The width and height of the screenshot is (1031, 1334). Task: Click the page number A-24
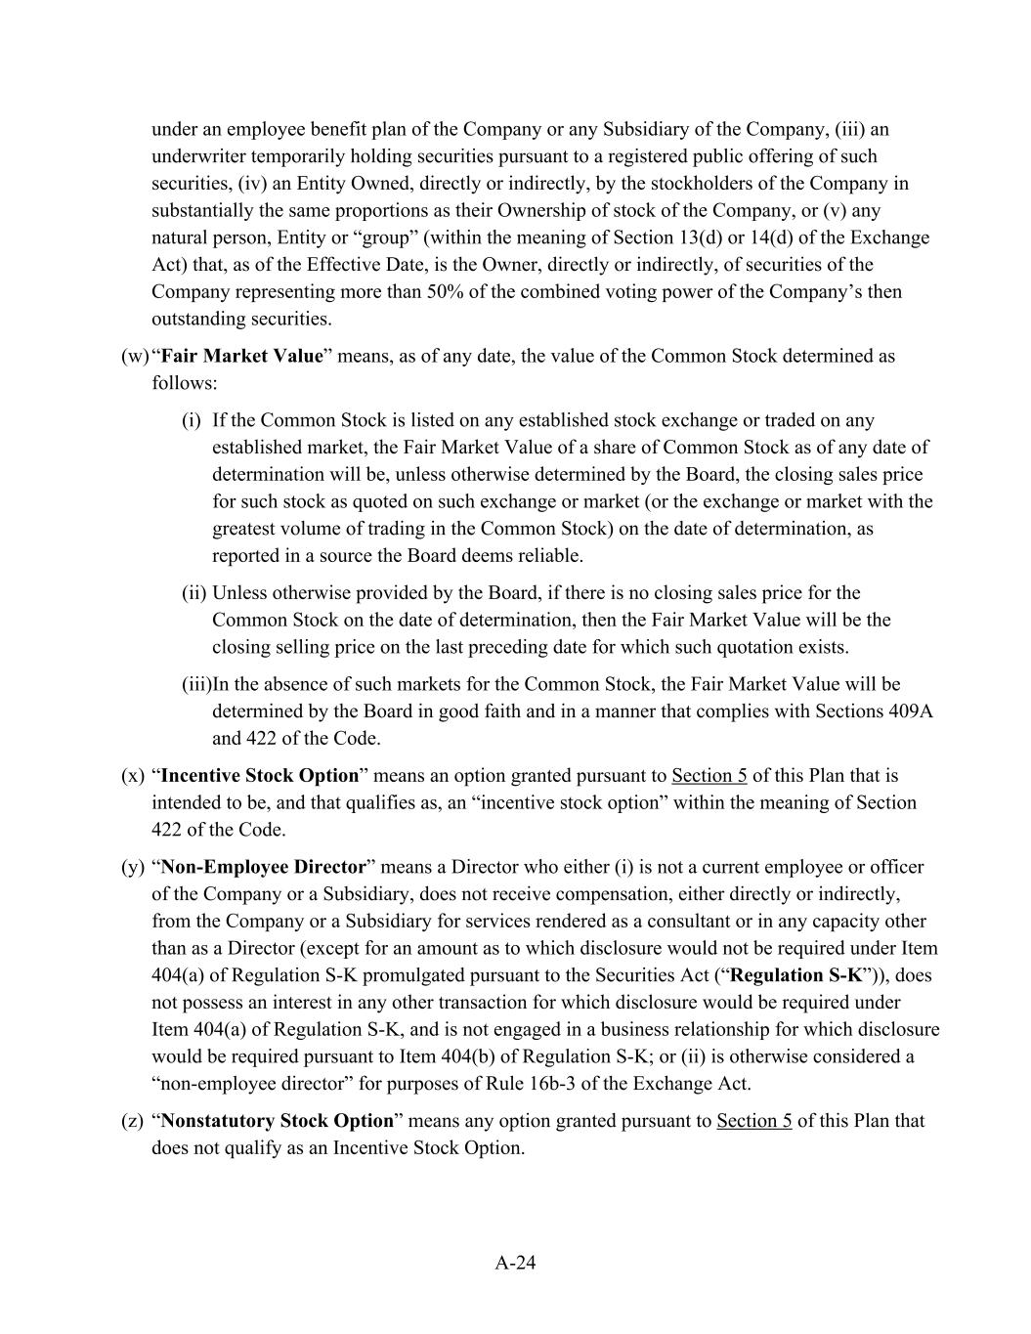(515, 1263)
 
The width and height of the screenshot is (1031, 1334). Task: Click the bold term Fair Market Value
(240, 356)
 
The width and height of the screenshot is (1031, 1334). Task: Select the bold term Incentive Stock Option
(260, 776)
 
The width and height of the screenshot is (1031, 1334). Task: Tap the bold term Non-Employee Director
(263, 867)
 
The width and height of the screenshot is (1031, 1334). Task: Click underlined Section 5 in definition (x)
(709, 776)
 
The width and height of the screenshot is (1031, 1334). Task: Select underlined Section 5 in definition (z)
(753, 1121)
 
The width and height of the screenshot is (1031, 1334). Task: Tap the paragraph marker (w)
(134, 356)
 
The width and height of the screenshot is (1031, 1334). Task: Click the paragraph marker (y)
(133, 867)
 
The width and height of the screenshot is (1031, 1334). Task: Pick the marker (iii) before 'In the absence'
(196, 684)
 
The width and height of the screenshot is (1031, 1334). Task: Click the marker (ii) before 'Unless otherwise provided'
(193, 593)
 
